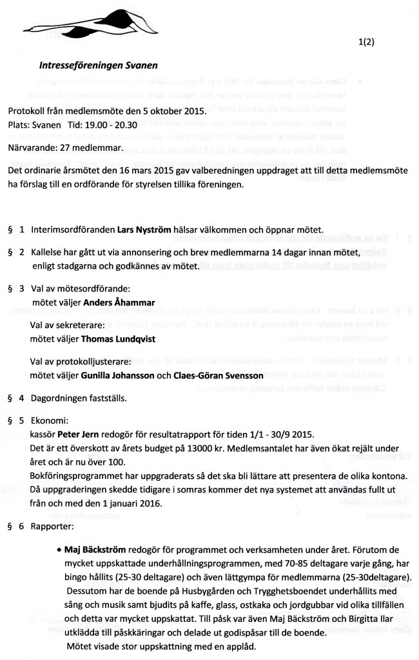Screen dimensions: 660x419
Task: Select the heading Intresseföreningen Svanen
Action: tap(98, 65)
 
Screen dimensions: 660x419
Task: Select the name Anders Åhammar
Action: tap(113, 302)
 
